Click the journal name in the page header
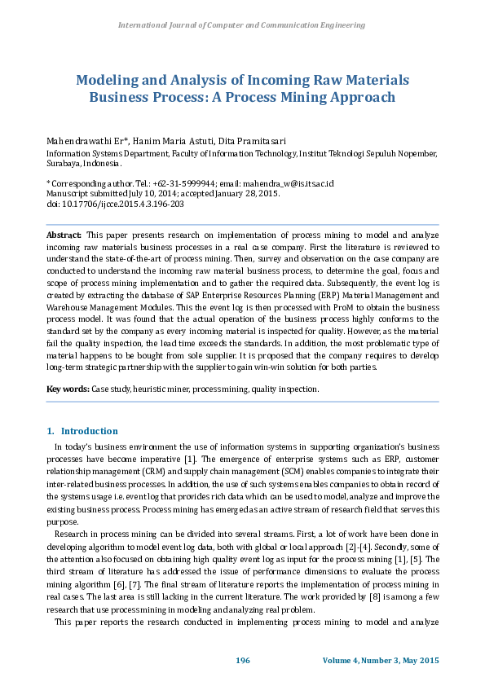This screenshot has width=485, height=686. [x=242, y=25]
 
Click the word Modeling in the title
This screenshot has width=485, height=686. [x=107, y=81]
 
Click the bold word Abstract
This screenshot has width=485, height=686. [x=64, y=235]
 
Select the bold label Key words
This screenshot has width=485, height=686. [x=68, y=389]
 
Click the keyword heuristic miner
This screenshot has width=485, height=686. [x=160, y=389]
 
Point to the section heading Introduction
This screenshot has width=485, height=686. [x=89, y=431]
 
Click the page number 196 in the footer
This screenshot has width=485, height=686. [x=242, y=659]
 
